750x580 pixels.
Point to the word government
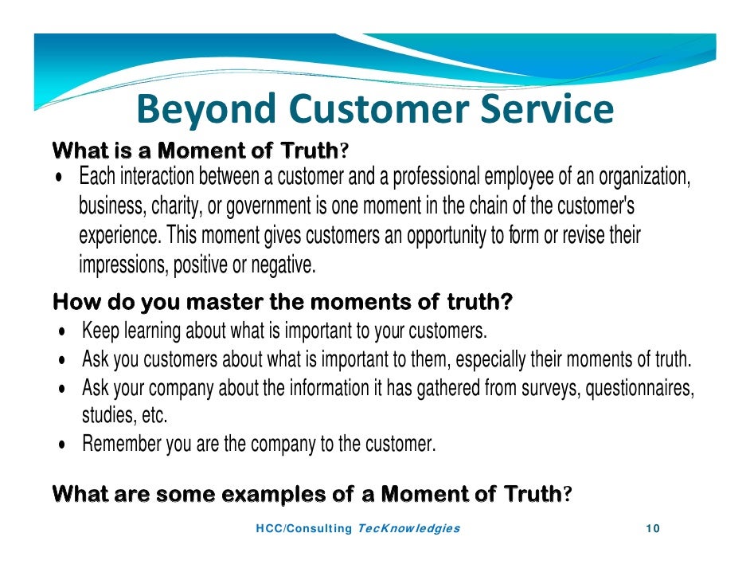pyautogui.click(x=270, y=206)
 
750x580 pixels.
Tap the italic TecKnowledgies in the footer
pyautogui.click(x=409, y=529)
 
